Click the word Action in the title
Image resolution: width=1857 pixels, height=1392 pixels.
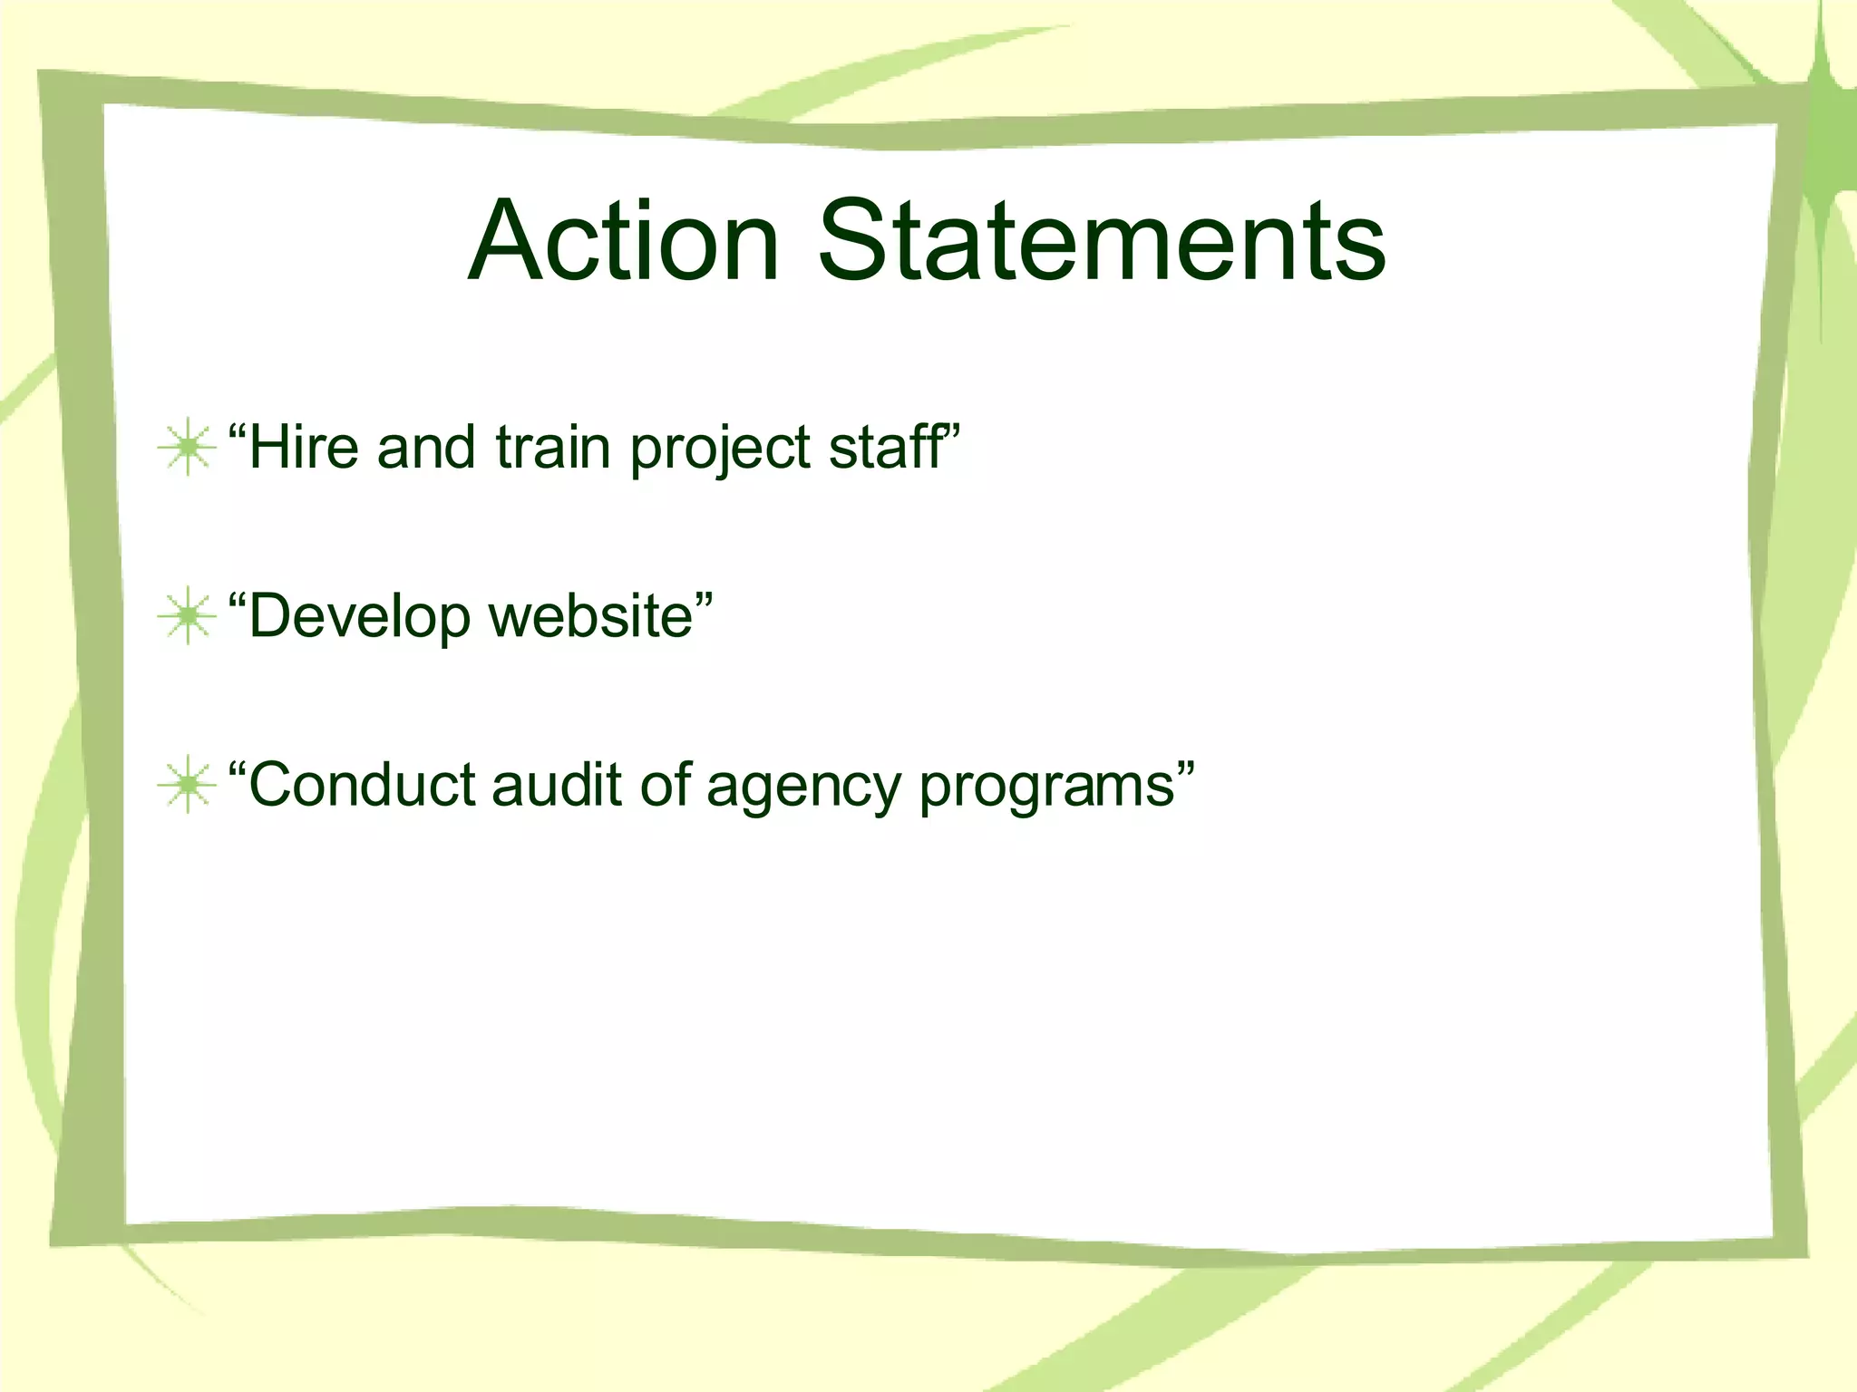[x=624, y=241]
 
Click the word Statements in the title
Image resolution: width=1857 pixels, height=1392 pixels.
[x=1102, y=241]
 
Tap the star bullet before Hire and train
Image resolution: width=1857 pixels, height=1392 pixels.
[x=187, y=447]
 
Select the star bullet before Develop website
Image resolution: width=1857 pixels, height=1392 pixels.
[x=187, y=616]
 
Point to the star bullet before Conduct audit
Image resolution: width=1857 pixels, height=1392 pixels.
[x=187, y=785]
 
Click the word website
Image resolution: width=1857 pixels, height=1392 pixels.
[x=590, y=616]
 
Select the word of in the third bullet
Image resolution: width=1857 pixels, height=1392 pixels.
[x=666, y=785]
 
